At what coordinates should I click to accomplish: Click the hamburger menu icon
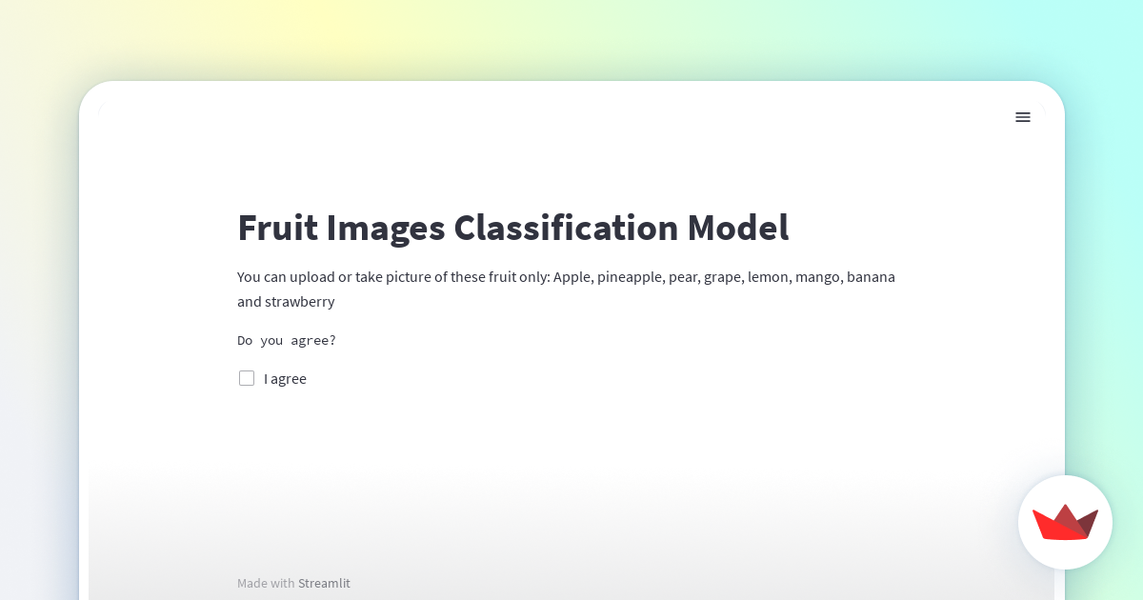click(x=1023, y=117)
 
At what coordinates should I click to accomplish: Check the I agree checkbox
click(x=247, y=378)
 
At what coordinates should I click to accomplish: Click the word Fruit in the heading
click(x=277, y=229)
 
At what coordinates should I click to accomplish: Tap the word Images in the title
click(x=386, y=229)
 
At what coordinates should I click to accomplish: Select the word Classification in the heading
click(x=566, y=229)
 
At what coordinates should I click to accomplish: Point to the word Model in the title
click(x=738, y=229)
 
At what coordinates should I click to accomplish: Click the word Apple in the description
click(x=571, y=277)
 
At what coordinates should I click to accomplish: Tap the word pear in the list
click(x=683, y=277)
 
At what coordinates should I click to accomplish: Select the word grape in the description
click(x=723, y=277)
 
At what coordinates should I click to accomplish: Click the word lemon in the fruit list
click(x=768, y=277)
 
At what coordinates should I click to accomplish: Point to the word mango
click(x=817, y=277)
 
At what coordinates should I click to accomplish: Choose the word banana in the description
click(x=871, y=277)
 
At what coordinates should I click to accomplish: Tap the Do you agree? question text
click(x=287, y=340)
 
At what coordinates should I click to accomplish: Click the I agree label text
click(x=285, y=378)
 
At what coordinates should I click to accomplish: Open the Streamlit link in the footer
click(x=324, y=583)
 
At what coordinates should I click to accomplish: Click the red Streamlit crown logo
click(x=1065, y=522)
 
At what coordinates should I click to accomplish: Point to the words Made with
click(x=266, y=583)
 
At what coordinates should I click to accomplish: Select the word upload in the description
click(x=306, y=277)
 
